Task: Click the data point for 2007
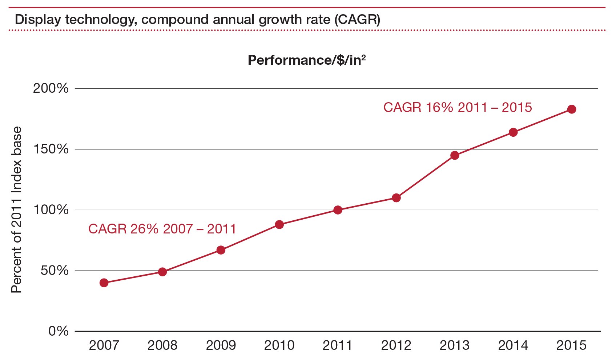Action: tap(104, 283)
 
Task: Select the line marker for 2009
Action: tap(221, 250)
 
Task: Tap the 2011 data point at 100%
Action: tap(338, 210)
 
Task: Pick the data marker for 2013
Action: tap(455, 155)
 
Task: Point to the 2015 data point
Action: tap(572, 109)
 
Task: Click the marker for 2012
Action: tap(396, 198)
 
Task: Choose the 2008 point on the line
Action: tap(162, 272)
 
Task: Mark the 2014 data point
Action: tap(513, 132)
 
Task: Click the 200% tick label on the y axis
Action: tap(51, 88)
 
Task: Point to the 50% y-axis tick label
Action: tap(55, 271)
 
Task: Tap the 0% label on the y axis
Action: tap(59, 331)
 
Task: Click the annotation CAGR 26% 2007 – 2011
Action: tap(162, 229)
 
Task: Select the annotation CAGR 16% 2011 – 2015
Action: tap(458, 108)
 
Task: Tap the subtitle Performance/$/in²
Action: tap(306, 60)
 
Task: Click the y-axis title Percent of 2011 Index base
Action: tap(17, 210)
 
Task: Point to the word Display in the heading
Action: tap(37, 19)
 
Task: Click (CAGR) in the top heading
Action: tap(357, 19)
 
